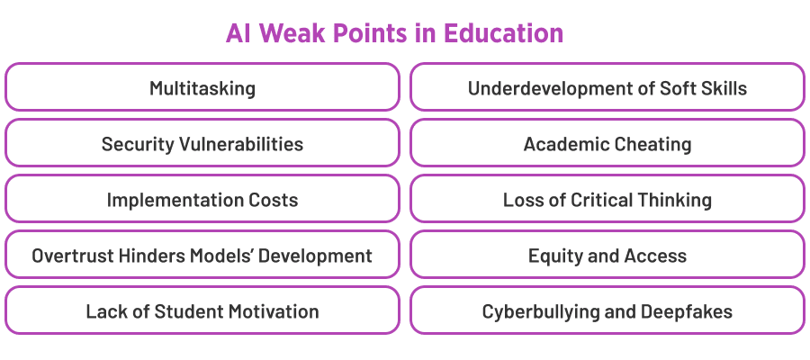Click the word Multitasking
point(202,88)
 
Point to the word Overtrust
point(72,256)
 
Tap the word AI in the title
point(238,34)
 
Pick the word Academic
point(562,144)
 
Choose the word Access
point(656,256)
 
